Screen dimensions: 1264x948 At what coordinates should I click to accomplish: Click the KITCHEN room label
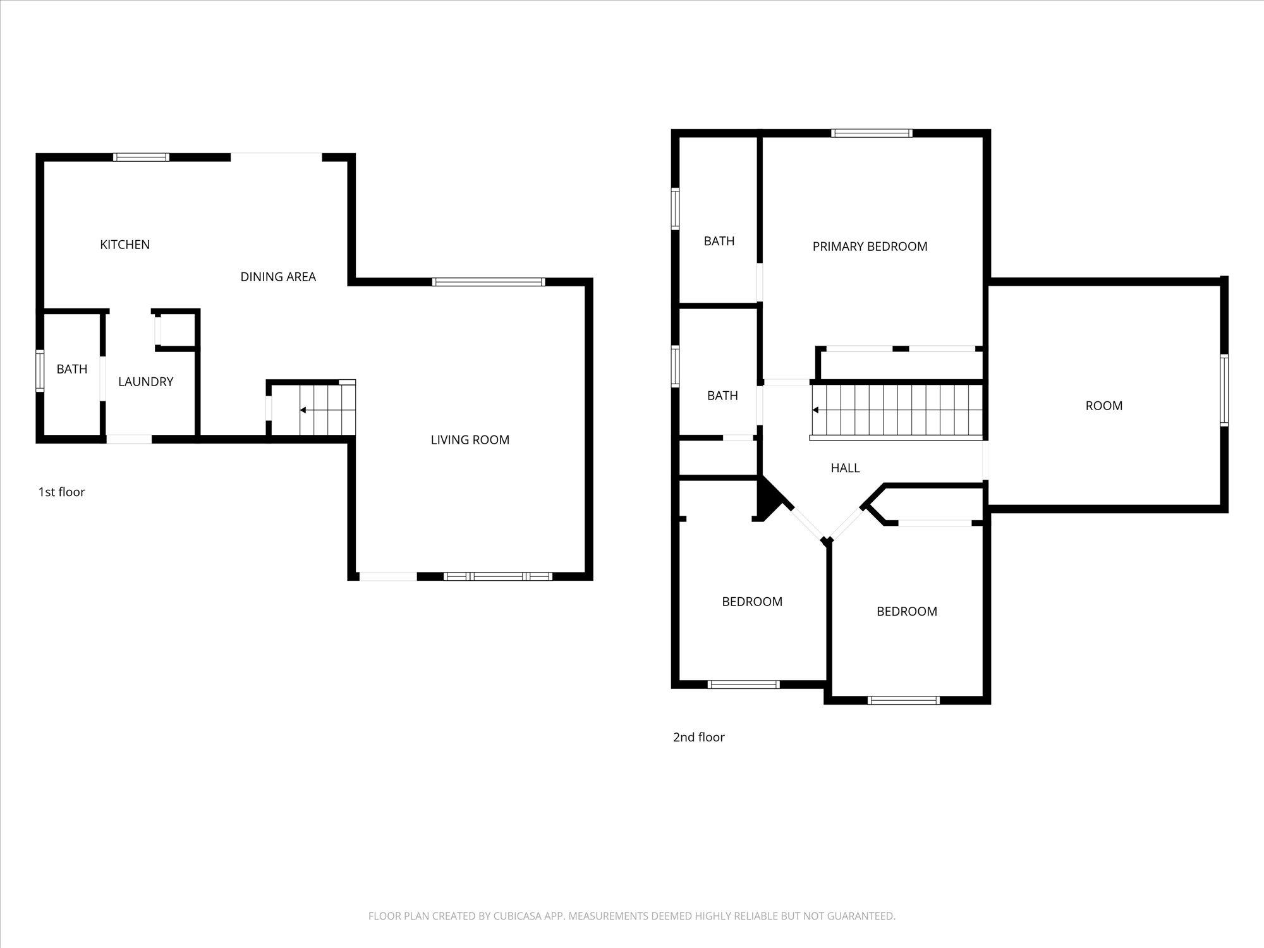tap(125, 245)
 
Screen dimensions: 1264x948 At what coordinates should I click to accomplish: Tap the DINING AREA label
tap(278, 277)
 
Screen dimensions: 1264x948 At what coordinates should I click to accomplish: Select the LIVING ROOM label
tap(470, 440)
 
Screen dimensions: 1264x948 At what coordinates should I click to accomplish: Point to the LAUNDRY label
tap(145, 382)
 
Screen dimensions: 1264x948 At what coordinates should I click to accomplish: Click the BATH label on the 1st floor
tap(72, 369)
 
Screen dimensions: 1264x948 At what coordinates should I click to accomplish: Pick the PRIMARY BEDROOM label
tap(870, 246)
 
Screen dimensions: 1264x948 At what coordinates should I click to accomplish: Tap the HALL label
tap(845, 468)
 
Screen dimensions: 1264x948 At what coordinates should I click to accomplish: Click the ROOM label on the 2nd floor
tap(1104, 406)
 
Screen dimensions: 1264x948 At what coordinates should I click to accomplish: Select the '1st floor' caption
tap(61, 492)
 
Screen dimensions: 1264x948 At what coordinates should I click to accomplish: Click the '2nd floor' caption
tap(698, 737)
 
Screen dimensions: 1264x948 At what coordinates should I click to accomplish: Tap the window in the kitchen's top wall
tap(141, 157)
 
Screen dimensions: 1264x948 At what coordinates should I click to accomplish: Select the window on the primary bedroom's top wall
tap(872, 133)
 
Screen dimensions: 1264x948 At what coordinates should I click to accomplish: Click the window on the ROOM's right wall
tap(1224, 390)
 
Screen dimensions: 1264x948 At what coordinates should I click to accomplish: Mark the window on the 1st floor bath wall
tap(40, 370)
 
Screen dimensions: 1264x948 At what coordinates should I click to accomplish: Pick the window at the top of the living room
tap(489, 282)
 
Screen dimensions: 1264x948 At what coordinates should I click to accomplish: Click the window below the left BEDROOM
tap(743, 684)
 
